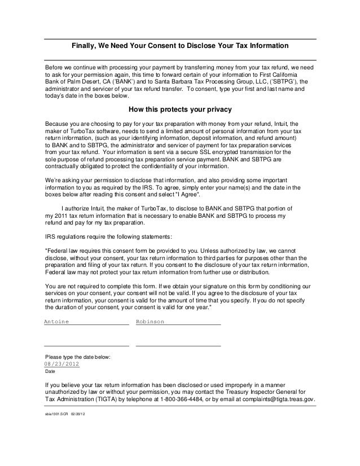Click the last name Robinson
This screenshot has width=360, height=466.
click(x=150, y=321)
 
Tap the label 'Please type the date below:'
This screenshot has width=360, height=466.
click(x=78, y=357)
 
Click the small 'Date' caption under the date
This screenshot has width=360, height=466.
click(x=50, y=372)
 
